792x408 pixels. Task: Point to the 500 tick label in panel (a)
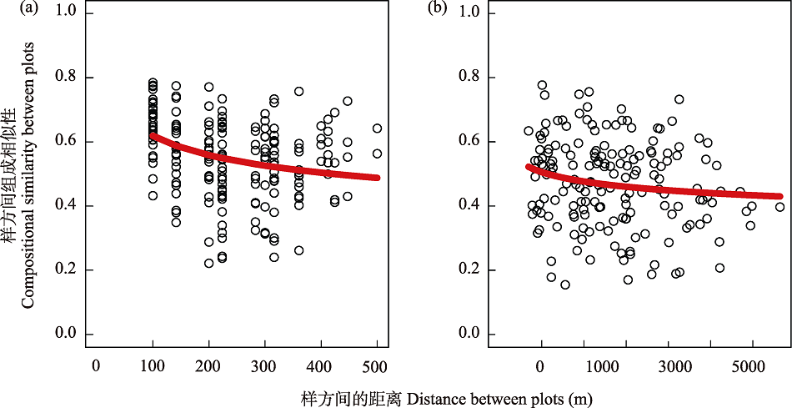point(377,365)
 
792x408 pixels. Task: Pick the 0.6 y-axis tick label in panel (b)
point(471,141)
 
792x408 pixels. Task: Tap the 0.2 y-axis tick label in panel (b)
point(471,269)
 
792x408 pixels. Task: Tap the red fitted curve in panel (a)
point(250,163)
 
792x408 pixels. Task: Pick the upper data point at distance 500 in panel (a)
point(377,128)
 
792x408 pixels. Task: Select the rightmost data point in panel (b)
point(779,207)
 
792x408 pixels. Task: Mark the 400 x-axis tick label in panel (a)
point(321,365)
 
